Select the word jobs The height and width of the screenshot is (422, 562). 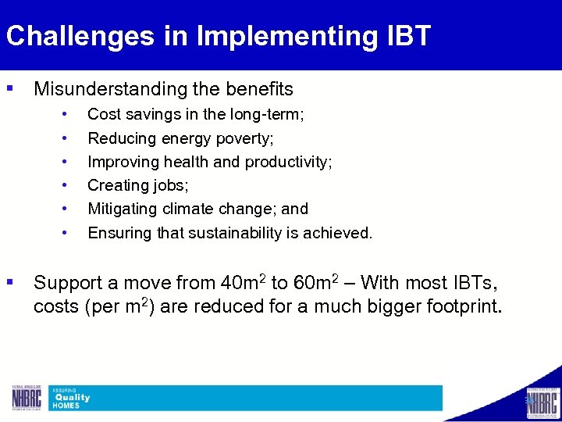pyautogui.click(x=172, y=185)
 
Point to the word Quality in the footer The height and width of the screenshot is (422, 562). pyautogui.click(x=72, y=398)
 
